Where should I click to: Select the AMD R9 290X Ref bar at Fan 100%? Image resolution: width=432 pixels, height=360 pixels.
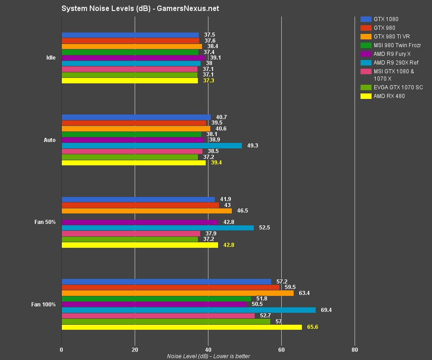tap(188, 310)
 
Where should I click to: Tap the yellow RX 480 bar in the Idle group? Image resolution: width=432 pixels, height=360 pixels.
tap(130, 81)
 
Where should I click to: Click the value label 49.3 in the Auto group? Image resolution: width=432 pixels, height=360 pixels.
tap(252, 146)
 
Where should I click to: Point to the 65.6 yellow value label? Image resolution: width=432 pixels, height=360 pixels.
tap(312, 327)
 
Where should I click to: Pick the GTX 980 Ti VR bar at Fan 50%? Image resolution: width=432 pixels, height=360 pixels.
tap(147, 211)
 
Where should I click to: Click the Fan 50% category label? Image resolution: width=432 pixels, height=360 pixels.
tap(45, 222)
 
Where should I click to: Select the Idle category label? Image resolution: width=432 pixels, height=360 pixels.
tap(51, 58)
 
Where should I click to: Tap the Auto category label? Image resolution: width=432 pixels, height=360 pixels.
tap(49, 140)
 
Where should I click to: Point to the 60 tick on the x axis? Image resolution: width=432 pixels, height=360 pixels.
tap(281, 350)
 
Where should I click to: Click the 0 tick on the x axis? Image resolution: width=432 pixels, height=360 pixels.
tap(61, 350)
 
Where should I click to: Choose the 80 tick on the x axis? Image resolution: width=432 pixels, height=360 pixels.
tap(355, 350)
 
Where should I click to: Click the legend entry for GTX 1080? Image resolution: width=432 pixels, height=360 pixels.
tap(386, 19)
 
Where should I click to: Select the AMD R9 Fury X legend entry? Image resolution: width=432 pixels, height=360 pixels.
tap(392, 54)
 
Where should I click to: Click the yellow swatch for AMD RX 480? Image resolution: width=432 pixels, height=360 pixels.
tap(366, 96)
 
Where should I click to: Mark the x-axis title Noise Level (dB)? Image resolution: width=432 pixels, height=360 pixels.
tap(208, 356)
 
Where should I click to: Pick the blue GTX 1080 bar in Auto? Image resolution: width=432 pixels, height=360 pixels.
tap(136, 117)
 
